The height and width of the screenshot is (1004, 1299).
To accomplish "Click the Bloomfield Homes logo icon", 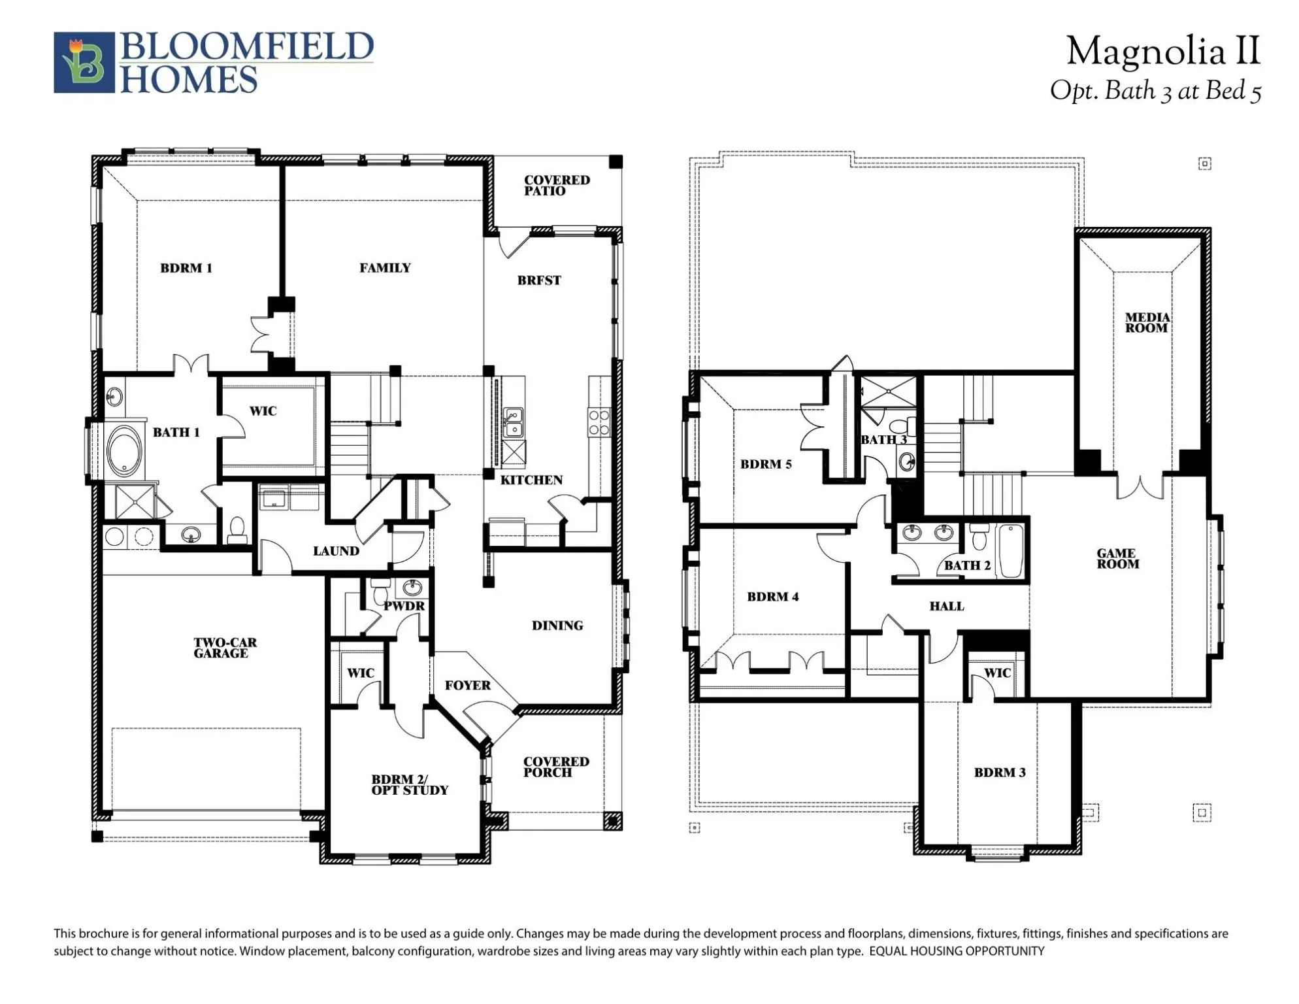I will tap(84, 63).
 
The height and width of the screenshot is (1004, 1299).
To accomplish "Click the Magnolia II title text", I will tap(1162, 51).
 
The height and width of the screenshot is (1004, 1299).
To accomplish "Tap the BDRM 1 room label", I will tap(186, 268).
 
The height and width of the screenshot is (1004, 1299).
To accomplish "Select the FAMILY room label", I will tap(385, 268).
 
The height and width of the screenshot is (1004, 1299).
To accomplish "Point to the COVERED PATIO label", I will tap(556, 185).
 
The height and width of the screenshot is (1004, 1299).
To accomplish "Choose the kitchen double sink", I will tap(514, 422).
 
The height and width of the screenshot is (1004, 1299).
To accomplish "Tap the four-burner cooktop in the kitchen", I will tap(599, 422).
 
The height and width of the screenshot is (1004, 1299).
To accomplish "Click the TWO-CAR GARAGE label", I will tap(225, 648).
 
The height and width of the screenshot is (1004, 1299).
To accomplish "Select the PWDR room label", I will tap(404, 606).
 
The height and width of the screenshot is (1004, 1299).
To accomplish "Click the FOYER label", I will tap(467, 685).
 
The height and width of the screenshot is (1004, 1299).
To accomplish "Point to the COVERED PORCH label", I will tap(555, 767).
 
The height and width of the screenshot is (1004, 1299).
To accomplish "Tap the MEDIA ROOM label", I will tap(1147, 323).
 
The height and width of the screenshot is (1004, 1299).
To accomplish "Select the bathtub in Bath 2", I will tap(1010, 551).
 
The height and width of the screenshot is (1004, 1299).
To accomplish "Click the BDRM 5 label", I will tap(765, 465).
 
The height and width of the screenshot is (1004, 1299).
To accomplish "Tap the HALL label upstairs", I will tap(946, 607).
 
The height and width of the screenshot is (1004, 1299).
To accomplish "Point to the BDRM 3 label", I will tap(999, 773).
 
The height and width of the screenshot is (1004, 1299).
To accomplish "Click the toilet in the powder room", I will tap(380, 594).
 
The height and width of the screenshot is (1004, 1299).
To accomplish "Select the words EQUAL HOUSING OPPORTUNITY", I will tap(956, 951).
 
